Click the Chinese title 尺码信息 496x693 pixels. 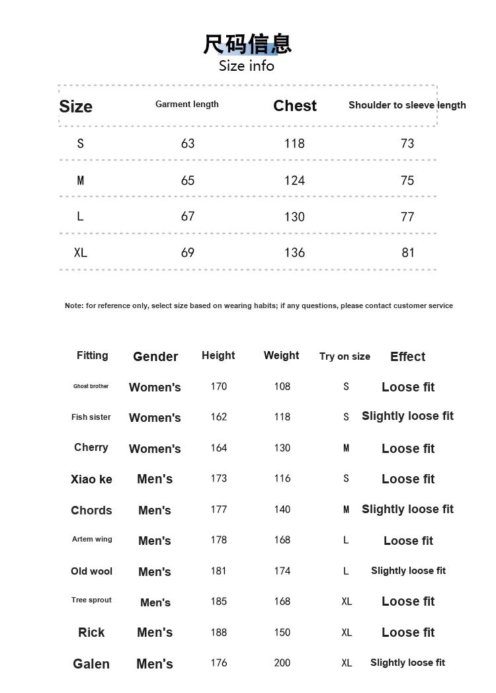click(x=247, y=44)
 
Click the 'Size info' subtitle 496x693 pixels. click(x=247, y=66)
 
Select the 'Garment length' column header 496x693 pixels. click(x=187, y=104)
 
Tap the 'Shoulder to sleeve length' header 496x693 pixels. click(x=407, y=105)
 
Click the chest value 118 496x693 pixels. click(x=294, y=143)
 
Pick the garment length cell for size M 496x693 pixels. click(x=188, y=181)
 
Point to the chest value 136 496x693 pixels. click(x=294, y=253)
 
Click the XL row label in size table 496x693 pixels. click(x=81, y=253)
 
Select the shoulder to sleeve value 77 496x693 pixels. click(x=407, y=217)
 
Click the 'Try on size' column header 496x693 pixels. click(x=345, y=356)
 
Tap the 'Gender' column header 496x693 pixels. click(x=155, y=356)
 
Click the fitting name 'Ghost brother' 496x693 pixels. click(x=91, y=386)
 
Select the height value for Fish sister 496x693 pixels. click(x=218, y=417)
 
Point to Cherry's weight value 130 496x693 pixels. click(x=282, y=448)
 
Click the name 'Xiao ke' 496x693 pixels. click(x=91, y=479)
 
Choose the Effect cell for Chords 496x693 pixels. click(x=407, y=509)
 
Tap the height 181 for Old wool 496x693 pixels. click(x=218, y=571)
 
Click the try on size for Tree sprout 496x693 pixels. click(x=347, y=602)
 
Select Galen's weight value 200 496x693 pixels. click(x=282, y=663)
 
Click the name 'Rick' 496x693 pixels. click(x=91, y=632)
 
